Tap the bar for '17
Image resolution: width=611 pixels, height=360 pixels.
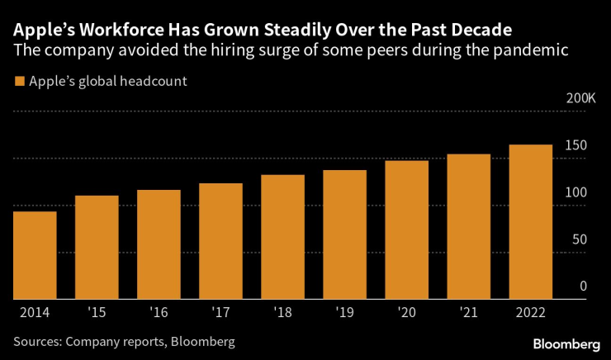coord(220,241)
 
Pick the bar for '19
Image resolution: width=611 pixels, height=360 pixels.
coord(344,234)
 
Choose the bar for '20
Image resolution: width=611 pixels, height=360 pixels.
coord(406,230)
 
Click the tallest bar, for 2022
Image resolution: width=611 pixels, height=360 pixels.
coord(530,221)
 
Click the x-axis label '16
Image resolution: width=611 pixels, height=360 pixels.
coord(159,313)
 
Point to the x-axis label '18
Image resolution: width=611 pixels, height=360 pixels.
coord(282,313)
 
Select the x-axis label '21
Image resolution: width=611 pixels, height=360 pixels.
coord(468,313)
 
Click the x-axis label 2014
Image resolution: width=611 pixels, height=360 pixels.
coord(35,313)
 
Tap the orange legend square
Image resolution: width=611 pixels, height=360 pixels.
coord(18,82)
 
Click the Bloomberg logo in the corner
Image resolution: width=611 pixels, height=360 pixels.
coord(566,343)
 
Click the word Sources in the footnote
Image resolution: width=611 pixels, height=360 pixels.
coord(37,340)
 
